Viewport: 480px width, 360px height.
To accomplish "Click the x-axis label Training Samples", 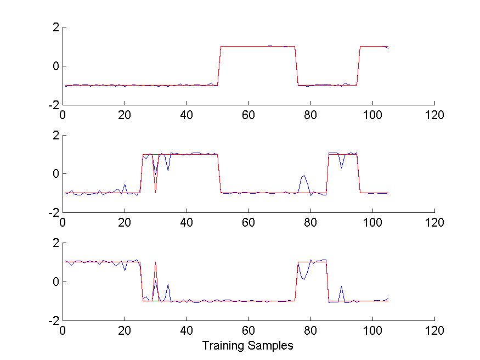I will pyautogui.click(x=247, y=346).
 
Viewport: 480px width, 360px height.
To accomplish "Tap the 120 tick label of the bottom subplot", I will pyautogui.click(x=434, y=331).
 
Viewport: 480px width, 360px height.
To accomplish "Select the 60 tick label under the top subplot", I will pyautogui.click(x=249, y=115).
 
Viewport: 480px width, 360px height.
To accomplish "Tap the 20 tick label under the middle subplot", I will pyautogui.click(x=125, y=223).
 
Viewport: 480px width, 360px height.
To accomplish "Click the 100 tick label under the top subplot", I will pyautogui.click(x=372, y=115).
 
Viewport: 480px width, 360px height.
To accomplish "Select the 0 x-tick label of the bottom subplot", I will pyautogui.click(x=63, y=331).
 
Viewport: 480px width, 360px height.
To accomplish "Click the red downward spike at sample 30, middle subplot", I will pyautogui.click(x=156, y=192).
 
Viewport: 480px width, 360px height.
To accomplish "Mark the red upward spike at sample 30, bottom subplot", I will pyautogui.click(x=156, y=263).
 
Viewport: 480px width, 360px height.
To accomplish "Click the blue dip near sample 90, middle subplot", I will pyautogui.click(x=341, y=167).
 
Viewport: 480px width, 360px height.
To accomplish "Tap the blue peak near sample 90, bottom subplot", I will pyautogui.click(x=341, y=286).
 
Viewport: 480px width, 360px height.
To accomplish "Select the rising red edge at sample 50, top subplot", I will pyautogui.click(x=219, y=66).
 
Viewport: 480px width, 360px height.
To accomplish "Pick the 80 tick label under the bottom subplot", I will pyautogui.click(x=310, y=331).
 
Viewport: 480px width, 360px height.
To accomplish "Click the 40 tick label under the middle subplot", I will pyautogui.click(x=187, y=223).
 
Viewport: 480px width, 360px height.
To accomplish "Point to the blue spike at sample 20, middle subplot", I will pyautogui.click(x=125, y=184).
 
